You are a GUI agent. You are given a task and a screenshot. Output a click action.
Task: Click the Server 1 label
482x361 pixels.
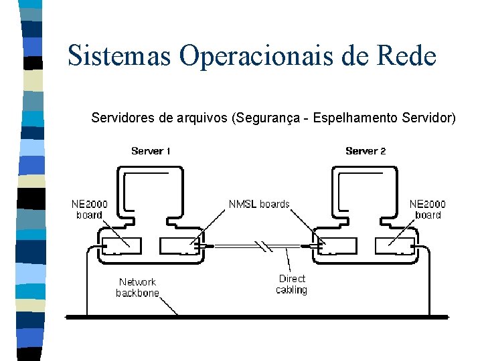[x=151, y=151]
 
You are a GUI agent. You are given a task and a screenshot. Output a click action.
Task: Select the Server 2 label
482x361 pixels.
[x=366, y=151]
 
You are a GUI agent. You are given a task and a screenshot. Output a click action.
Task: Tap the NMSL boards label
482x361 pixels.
[x=259, y=204]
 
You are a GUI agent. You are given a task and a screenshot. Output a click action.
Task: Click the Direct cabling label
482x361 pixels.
[x=291, y=284]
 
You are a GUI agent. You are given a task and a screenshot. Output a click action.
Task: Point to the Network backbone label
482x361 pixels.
[x=137, y=287]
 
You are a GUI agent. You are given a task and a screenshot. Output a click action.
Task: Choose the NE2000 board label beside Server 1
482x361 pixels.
[x=89, y=209]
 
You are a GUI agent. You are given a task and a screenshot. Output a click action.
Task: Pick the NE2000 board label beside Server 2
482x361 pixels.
[x=428, y=209]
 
